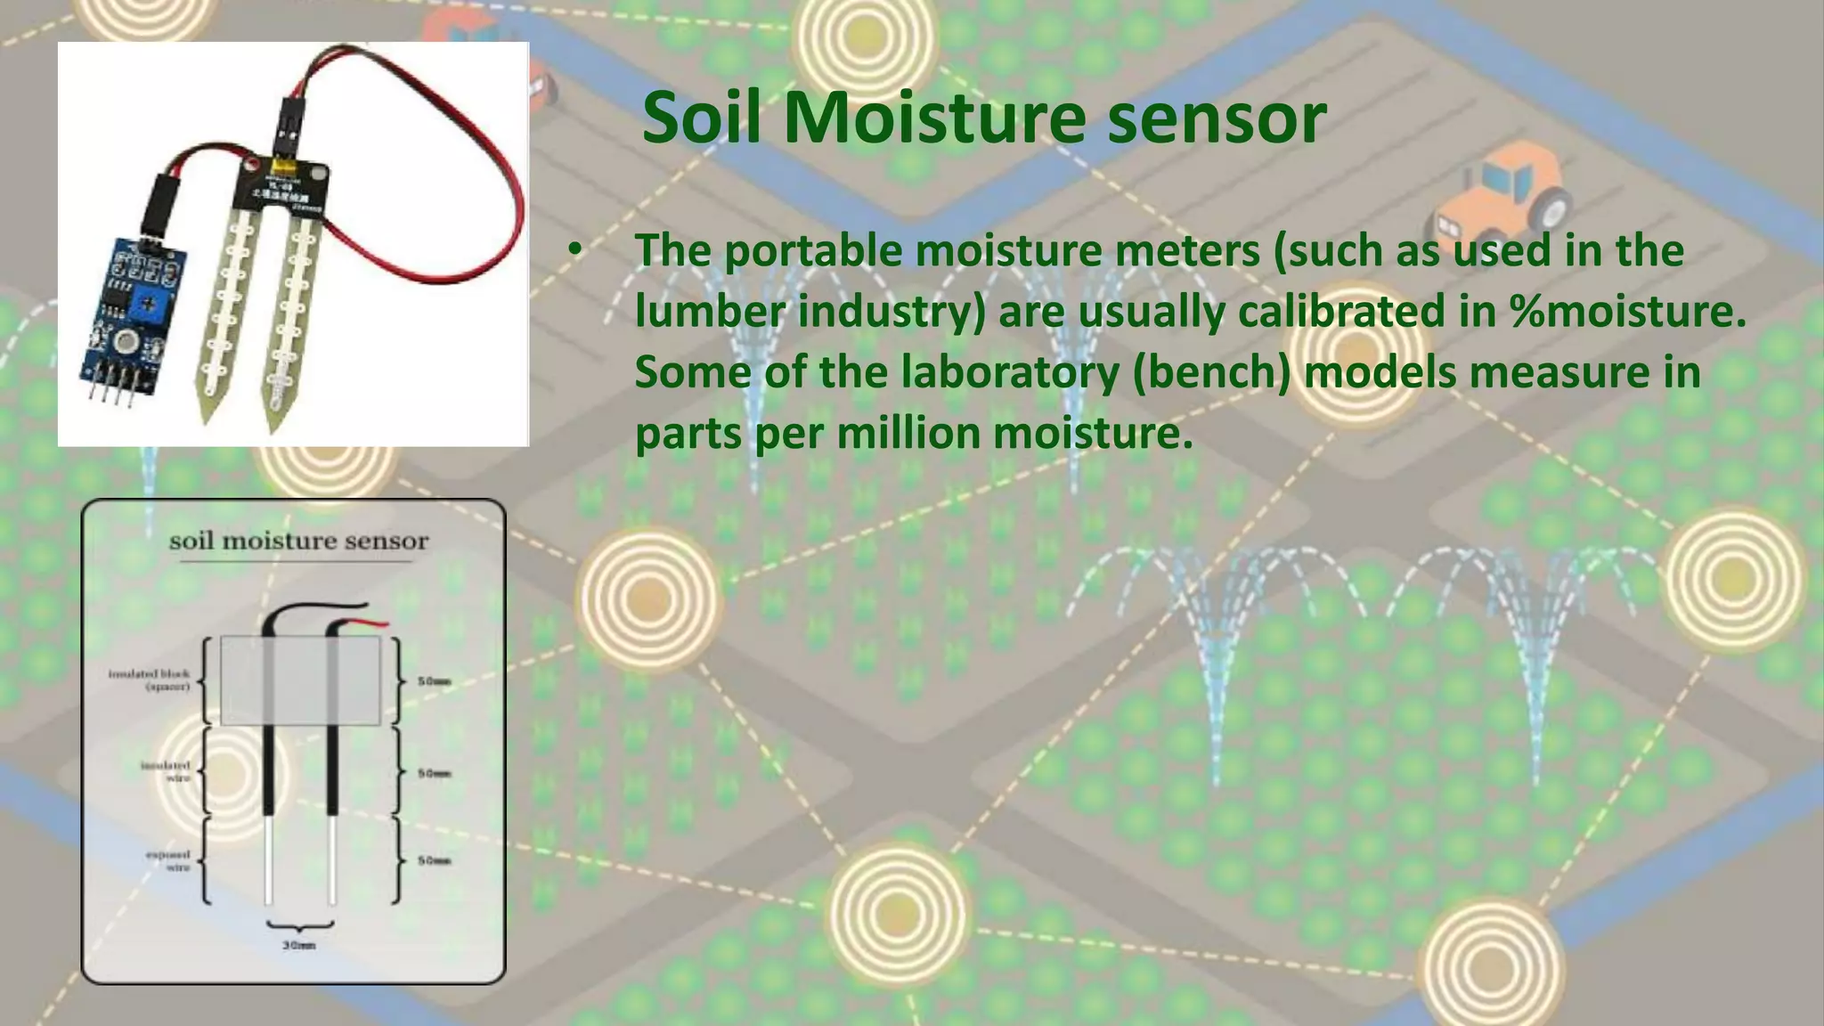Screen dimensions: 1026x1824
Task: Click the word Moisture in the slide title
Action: (934, 118)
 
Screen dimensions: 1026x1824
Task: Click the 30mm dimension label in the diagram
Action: (299, 945)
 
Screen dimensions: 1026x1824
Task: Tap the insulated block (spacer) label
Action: (150, 680)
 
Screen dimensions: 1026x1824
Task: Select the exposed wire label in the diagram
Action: (168, 860)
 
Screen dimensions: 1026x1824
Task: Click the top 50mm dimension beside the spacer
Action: (435, 681)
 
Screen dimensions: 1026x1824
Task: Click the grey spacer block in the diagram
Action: (300, 680)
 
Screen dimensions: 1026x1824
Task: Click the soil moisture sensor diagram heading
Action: (298, 541)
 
